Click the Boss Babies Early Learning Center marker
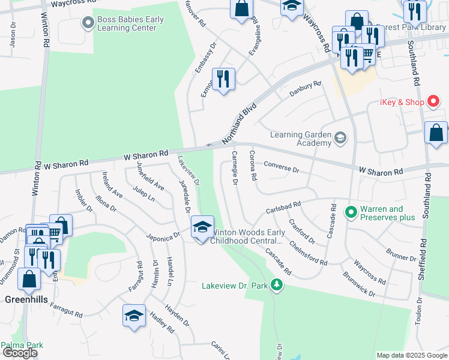click(88, 23)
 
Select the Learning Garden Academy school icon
click(340, 139)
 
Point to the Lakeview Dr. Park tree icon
click(276, 285)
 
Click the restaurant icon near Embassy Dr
click(223, 79)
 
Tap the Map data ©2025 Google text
click(411, 355)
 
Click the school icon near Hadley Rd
click(134, 316)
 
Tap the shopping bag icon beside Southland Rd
click(436, 133)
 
